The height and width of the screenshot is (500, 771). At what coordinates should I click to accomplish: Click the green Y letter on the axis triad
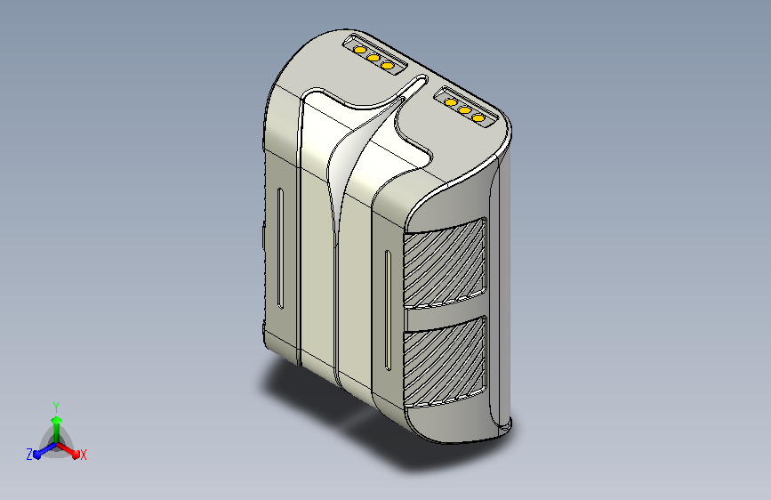click(56, 407)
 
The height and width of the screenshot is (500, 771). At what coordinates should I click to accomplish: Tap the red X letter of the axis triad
click(83, 456)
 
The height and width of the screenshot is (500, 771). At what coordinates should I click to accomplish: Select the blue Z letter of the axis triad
click(29, 455)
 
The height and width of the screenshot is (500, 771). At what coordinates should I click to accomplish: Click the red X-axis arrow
click(68, 449)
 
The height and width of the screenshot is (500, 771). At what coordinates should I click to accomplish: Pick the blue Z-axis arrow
click(45, 450)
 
